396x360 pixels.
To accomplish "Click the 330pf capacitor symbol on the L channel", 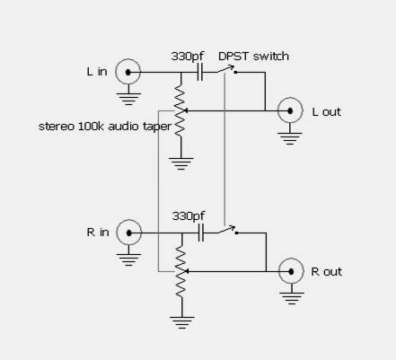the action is click(200, 72).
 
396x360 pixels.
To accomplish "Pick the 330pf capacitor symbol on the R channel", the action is click(201, 233).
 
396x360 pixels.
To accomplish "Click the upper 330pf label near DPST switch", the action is click(188, 56).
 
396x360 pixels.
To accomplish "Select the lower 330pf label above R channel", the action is click(189, 215).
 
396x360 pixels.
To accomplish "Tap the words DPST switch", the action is click(253, 56).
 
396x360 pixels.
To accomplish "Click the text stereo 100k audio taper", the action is click(105, 127).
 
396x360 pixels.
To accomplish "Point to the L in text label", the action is click(97, 72).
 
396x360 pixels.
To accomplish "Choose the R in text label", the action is click(98, 233).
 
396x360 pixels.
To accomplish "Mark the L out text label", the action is click(327, 111).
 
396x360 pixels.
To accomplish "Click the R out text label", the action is click(327, 271).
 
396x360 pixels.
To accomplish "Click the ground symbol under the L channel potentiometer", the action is click(180, 164).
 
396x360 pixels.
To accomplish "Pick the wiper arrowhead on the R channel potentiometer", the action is click(186, 271).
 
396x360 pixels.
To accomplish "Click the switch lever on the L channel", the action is click(225, 68).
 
